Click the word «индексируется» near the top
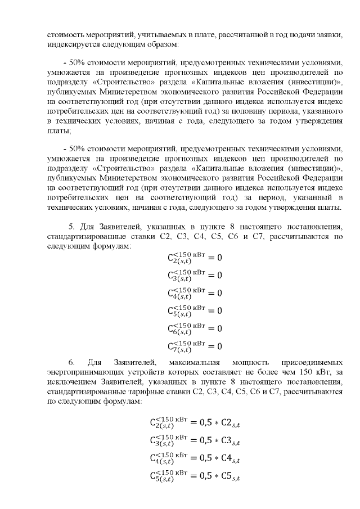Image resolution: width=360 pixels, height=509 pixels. coord(69,43)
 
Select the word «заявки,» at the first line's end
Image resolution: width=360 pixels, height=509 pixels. coord(326,34)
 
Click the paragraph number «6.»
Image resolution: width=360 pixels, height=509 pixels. coord(71,362)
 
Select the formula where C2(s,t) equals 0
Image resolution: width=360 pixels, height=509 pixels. coord(195,258)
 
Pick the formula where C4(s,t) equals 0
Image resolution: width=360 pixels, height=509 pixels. coord(195,293)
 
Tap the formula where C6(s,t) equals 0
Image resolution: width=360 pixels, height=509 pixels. coord(195,328)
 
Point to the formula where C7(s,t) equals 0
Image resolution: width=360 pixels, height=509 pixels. coord(195,346)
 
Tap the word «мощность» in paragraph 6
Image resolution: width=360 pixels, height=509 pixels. coord(245,362)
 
